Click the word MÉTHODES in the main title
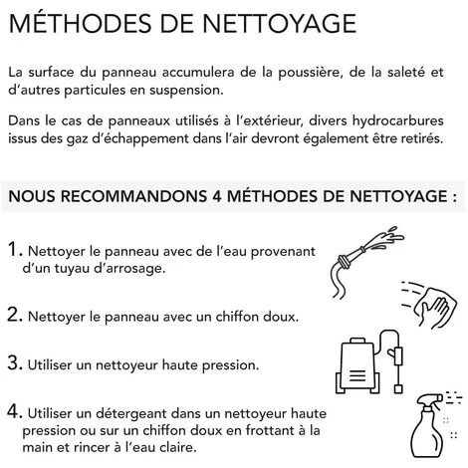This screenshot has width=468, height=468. (x=80, y=23)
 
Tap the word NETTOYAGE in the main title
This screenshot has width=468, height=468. (x=279, y=23)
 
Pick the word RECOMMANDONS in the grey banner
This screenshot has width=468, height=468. (x=133, y=196)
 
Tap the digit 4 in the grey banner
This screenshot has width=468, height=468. (x=217, y=196)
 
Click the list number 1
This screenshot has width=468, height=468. (x=15, y=249)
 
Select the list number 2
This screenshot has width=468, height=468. (x=15, y=315)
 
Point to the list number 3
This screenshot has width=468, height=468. (x=15, y=362)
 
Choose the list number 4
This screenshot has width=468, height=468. (x=15, y=411)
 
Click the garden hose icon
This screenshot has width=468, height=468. (x=367, y=262)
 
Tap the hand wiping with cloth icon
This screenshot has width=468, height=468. (x=429, y=305)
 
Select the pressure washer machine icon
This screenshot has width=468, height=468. (x=369, y=362)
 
